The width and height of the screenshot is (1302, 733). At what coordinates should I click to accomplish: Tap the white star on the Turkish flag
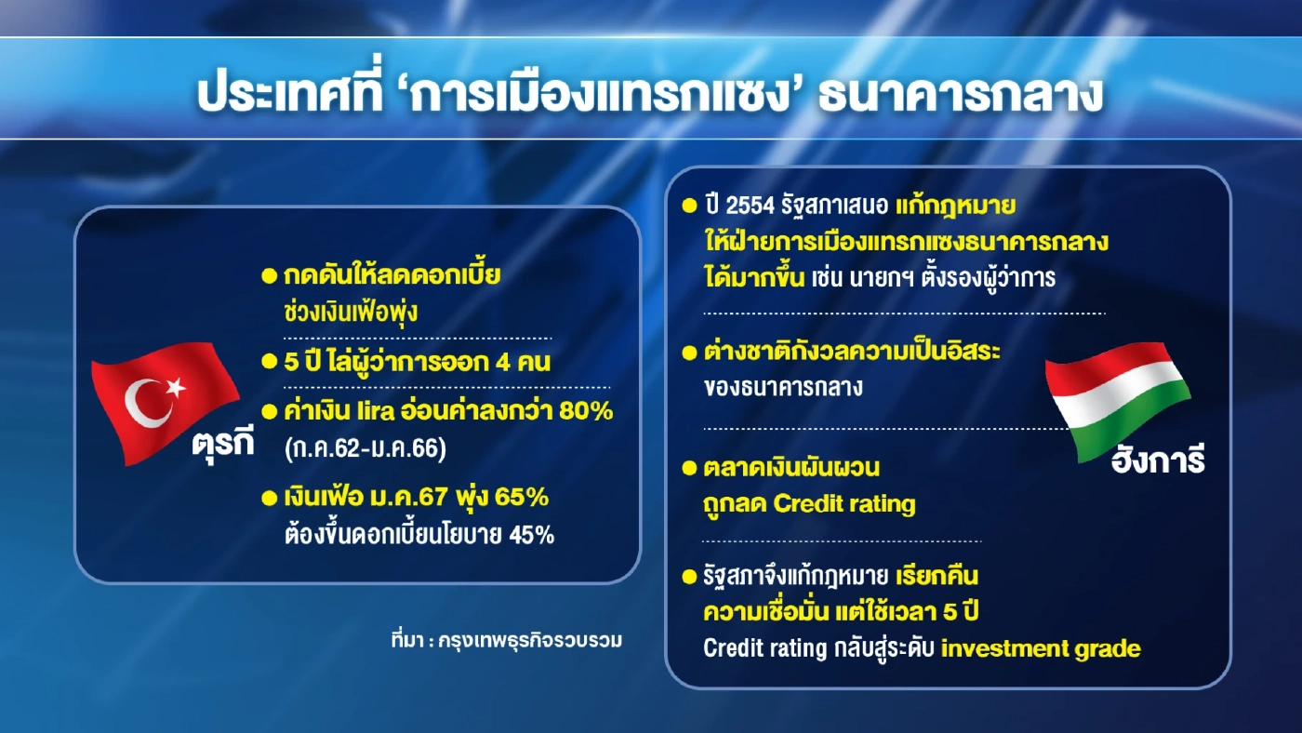[x=176, y=389]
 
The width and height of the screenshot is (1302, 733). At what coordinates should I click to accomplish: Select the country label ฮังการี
[x=1158, y=460]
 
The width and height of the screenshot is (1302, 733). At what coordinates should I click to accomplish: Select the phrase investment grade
[x=1041, y=648]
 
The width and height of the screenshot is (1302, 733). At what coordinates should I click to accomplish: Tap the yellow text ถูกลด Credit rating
[x=810, y=504]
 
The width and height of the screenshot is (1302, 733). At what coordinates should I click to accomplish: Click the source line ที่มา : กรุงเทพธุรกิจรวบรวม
[x=507, y=641]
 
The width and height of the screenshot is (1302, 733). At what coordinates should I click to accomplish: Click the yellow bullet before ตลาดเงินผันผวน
[x=689, y=467]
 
